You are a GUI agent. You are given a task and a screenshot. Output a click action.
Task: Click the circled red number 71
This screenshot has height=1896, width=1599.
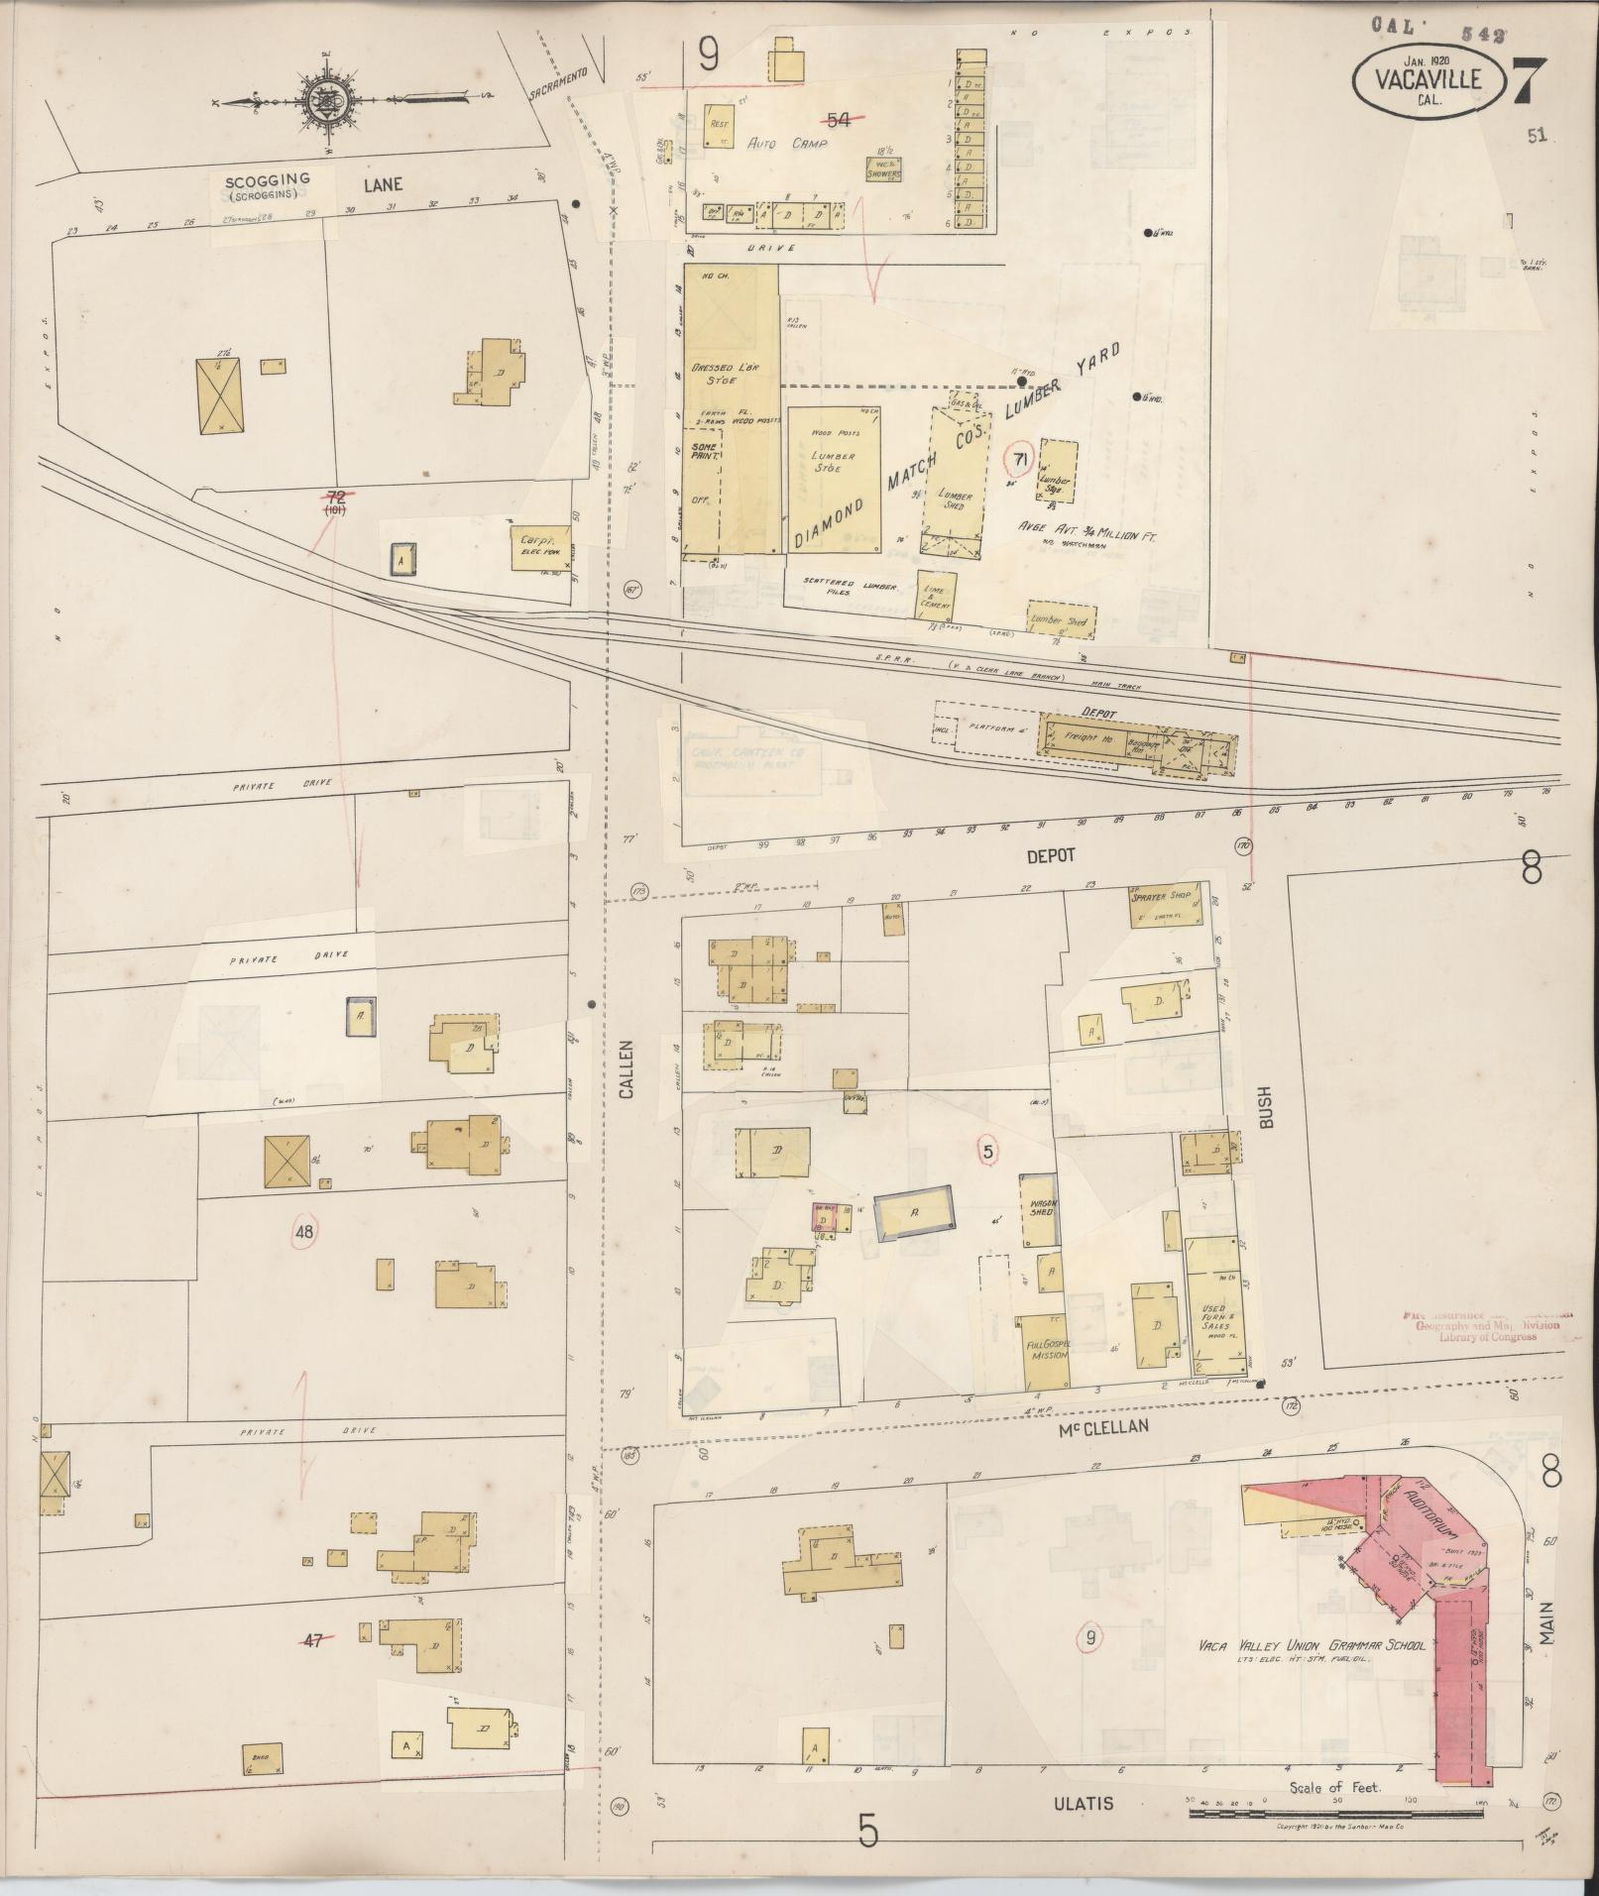[x=1018, y=458]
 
